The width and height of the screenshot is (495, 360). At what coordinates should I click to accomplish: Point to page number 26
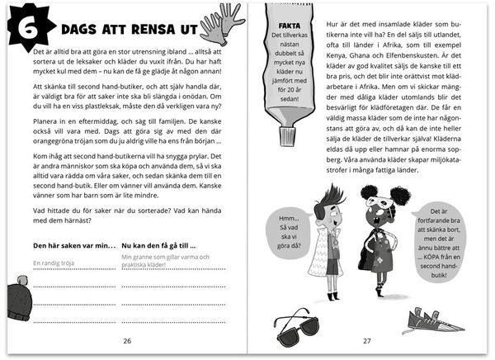click(126, 339)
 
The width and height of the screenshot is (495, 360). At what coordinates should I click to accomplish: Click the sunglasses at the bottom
click(298, 328)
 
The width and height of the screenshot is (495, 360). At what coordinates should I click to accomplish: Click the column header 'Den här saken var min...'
click(74, 246)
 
